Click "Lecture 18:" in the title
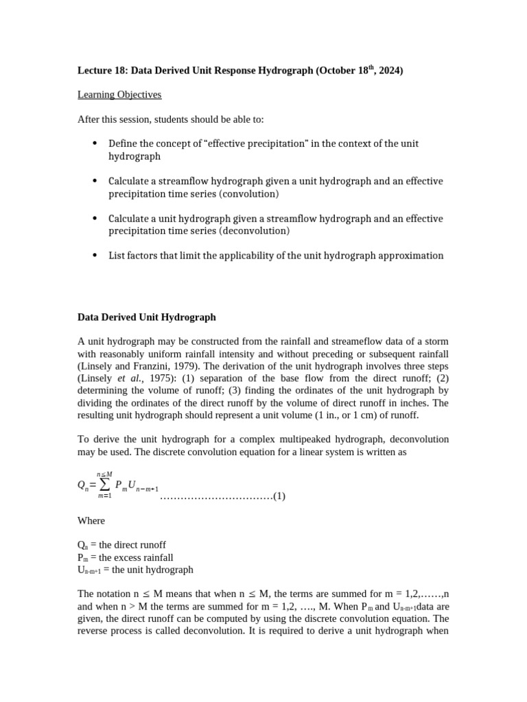tap(102, 70)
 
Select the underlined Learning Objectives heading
tap(119, 95)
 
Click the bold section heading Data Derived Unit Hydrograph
tap(147, 317)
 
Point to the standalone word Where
tap(91, 520)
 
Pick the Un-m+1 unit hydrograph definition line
tap(135, 570)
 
